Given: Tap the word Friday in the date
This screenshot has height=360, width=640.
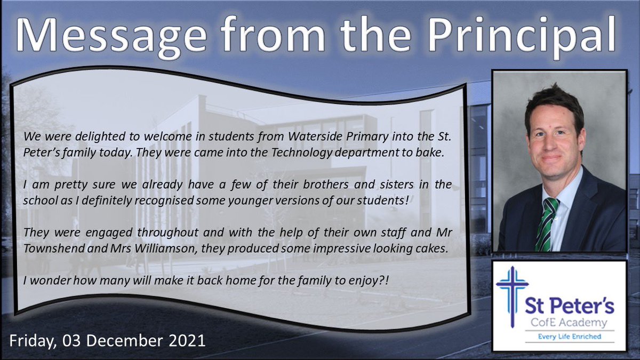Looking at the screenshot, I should coord(34,340).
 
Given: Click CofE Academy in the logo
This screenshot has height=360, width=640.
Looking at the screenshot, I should coord(569,323).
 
